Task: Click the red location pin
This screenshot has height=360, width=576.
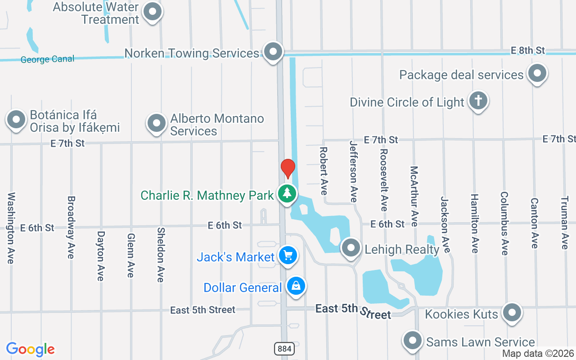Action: [288, 168]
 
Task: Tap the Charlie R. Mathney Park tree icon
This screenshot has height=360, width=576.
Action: [287, 194]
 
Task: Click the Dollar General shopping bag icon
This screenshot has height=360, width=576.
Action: [296, 286]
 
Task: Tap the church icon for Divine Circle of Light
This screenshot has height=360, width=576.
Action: [477, 100]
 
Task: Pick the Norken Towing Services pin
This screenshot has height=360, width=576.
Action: [273, 52]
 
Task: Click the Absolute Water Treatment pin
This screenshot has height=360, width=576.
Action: [153, 12]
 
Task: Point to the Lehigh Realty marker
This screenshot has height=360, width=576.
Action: [351, 248]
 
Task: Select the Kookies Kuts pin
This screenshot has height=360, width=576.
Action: [512, 312]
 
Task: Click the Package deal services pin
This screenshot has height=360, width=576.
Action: [536, 73]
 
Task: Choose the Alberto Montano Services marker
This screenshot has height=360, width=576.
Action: [156, 122]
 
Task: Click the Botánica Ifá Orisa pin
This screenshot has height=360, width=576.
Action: [16, 120]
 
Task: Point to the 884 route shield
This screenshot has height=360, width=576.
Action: [283, 348]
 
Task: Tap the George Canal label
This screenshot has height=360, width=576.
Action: [47, 59]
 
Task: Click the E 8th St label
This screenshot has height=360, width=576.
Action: [528, 50]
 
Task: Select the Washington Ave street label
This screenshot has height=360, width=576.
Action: [11, 228]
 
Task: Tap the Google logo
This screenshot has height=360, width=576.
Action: [31, 349]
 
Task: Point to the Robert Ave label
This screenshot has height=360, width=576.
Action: [323, 171]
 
